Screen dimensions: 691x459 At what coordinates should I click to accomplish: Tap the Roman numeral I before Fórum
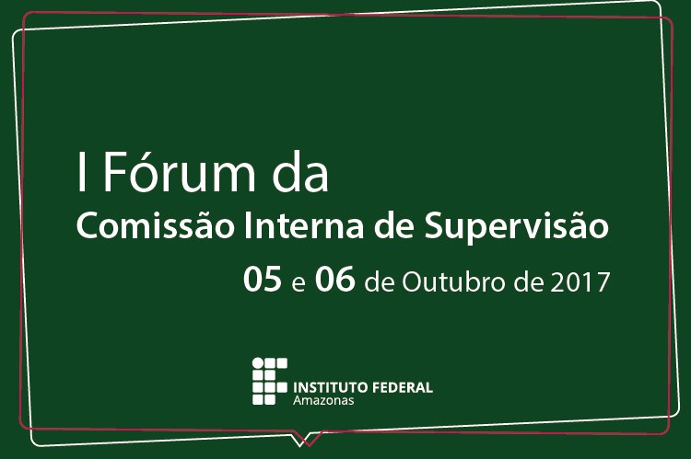pos(81,172)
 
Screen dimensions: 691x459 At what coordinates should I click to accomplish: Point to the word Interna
pos(304,225)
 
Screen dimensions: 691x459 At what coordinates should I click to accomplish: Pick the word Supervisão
pos(516,227)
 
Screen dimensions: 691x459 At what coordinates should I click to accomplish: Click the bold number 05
pos(263,279)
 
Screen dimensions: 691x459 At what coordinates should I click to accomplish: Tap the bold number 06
pos(335,279)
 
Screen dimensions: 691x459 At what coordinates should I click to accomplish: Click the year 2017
pos(580,281)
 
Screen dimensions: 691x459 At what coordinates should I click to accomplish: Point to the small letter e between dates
pos(299,284)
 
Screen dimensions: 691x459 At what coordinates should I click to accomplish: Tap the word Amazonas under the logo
pos(323,400)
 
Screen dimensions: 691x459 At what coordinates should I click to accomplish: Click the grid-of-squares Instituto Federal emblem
pos(270,381)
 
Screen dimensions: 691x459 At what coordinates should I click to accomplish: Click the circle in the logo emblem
pos(258,363)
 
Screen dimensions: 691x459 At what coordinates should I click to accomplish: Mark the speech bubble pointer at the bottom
pos(306,441)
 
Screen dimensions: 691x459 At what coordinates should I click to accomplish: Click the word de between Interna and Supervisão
pos(393,226)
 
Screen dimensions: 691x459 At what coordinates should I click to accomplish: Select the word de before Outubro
pos(380,281)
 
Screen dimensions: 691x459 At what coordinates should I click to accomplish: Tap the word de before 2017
pos(528,281)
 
